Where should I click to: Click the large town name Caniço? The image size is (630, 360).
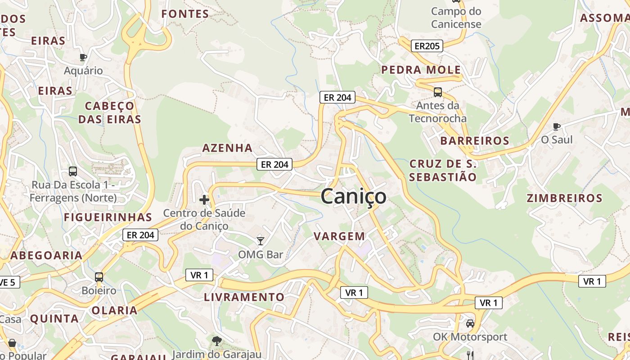pyautogui.click(x=353, y=197)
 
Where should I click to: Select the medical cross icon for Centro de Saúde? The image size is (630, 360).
pyautogui.click(x=204, y=199)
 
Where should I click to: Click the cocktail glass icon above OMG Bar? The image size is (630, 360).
pyautogui.click(x=261, y=241)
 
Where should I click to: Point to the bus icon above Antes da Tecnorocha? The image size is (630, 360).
pyautogui.click(x=437, y=92)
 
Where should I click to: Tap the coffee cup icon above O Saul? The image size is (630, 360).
pyautogui.click(x=557, y=126)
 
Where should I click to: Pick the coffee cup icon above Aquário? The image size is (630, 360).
pyautogui.click(x=83, y=57)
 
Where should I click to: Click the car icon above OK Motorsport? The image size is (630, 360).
pyautogui.click(x=470, y=323)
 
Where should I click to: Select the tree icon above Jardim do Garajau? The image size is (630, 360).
pyautogui.click(x=216, y=341)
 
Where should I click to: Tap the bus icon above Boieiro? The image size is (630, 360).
pyautogui.click(x=99, y=277)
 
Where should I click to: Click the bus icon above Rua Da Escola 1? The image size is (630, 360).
pyautogui.click(x=73, y=171)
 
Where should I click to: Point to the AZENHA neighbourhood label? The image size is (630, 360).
pyautogui.click(x=227, y=148)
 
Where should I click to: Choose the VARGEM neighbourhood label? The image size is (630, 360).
pyautogui.click(x=339, y=236)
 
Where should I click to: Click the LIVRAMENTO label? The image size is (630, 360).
pyautogui.click(x=244, y=297)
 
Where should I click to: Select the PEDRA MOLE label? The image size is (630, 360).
pyautogui.click(x=421, y=70)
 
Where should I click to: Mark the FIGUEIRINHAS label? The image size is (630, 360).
pyautogui.click(x=108, y=217)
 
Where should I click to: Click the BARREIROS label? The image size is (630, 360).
pyautogui.click(x=475, y=141)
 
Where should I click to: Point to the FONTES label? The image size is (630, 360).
pyautogui.click(x=185, y=14)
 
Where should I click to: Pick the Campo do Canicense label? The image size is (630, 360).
pyautogui.click(x=456, y=18)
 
